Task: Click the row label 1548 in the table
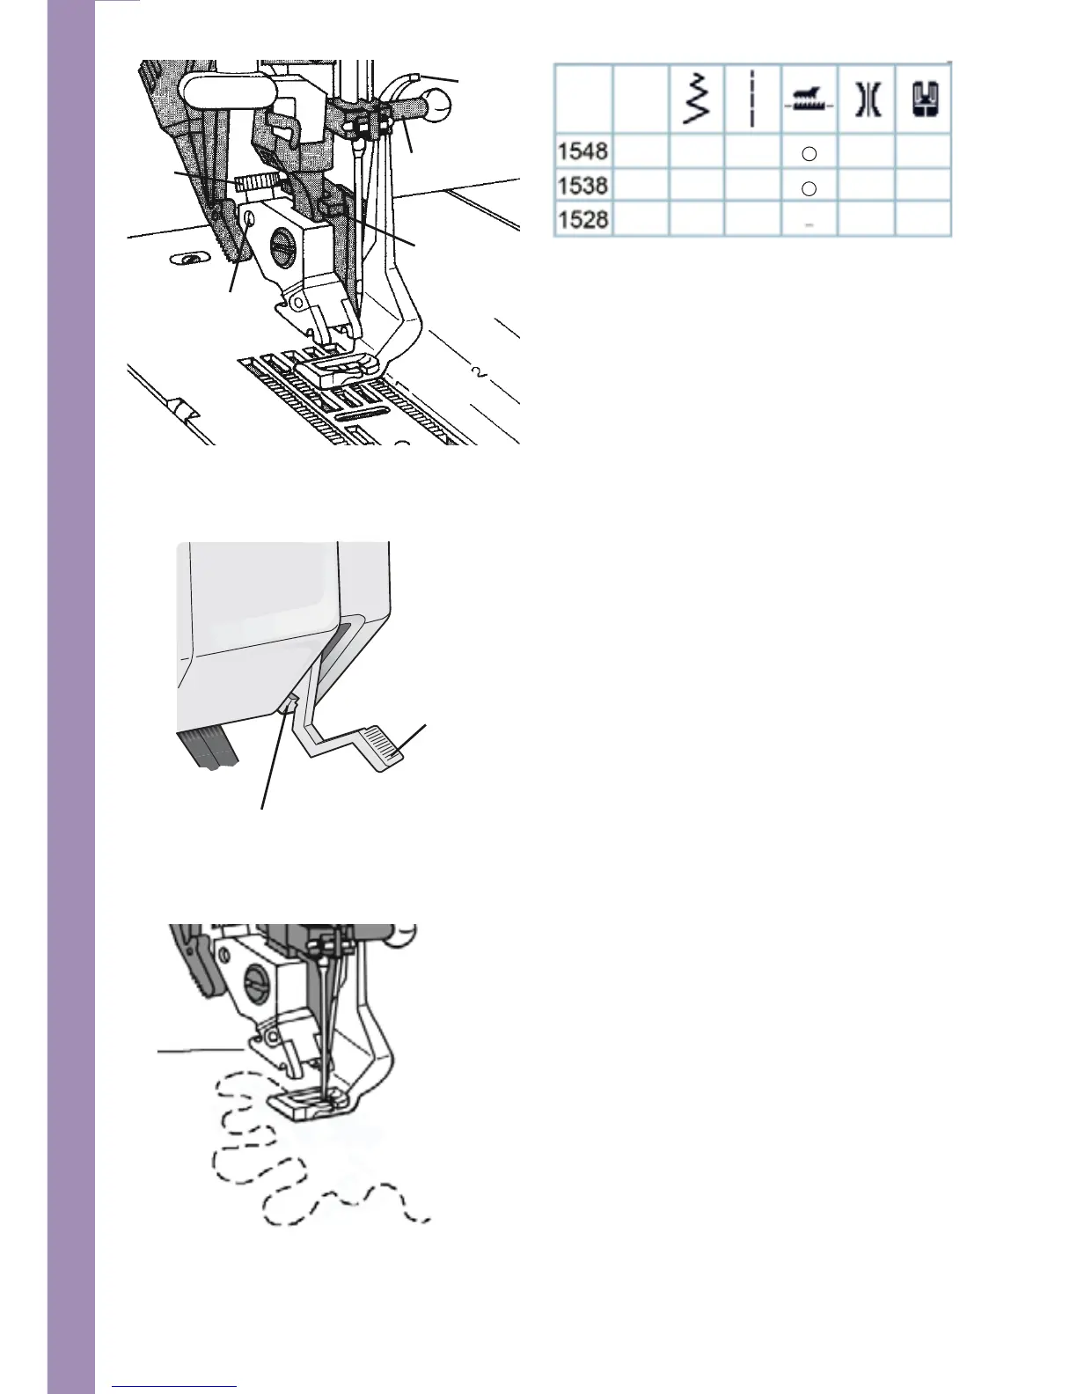[x=582, y=150]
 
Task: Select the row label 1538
[x=582, y=185]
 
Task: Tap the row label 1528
[x=582, y=219]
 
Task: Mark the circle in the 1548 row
[x=810, y=154]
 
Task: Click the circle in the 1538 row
[x=810, y=188]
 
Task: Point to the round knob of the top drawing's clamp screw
[x=436, y=106]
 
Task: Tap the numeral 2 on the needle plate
[x=480, y=374]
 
